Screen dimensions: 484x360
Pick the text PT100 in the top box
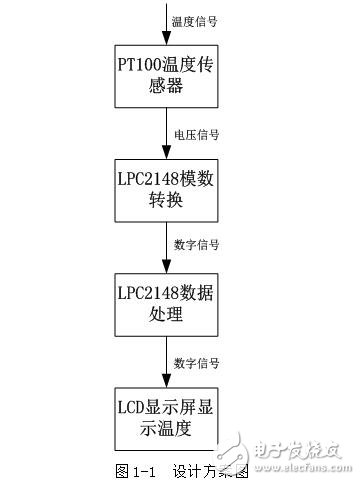click(x=143, y=62)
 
